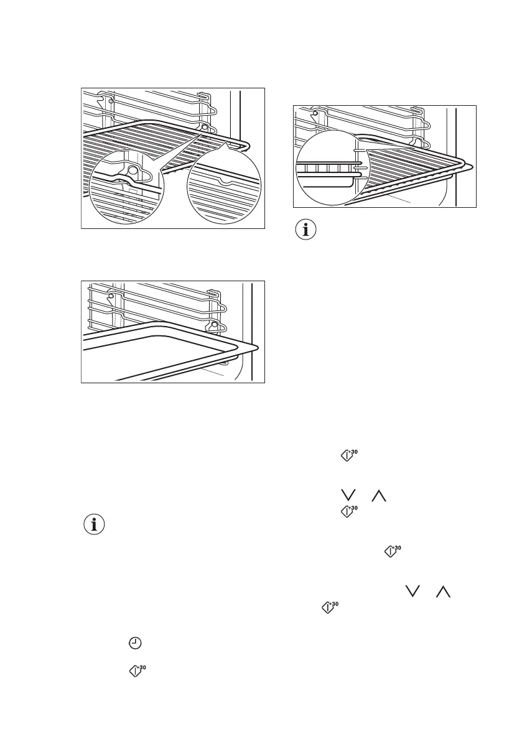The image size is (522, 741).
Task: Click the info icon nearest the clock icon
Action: click(x=95, y=524)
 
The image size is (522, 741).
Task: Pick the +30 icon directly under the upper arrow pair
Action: click(x=350, y=513)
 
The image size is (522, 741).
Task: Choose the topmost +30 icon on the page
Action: click(x=350, y=456)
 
